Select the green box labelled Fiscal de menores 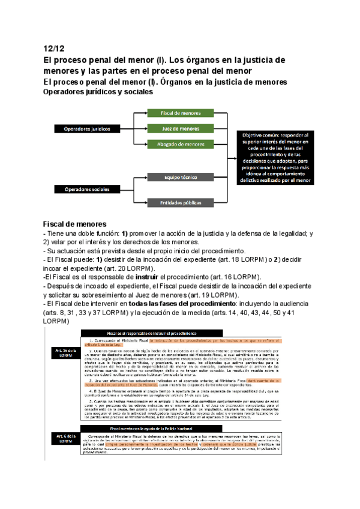pos(181,113)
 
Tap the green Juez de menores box pos(181,128)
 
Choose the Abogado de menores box pos(181,144)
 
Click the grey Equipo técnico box pos(181,178)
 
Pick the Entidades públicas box pos(181,202)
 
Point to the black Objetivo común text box pos(275,158)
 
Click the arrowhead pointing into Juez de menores pos(146,128)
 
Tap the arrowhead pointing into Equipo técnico pos(146,178)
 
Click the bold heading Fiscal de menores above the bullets pos(74,223)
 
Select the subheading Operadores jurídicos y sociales pos(98,92)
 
